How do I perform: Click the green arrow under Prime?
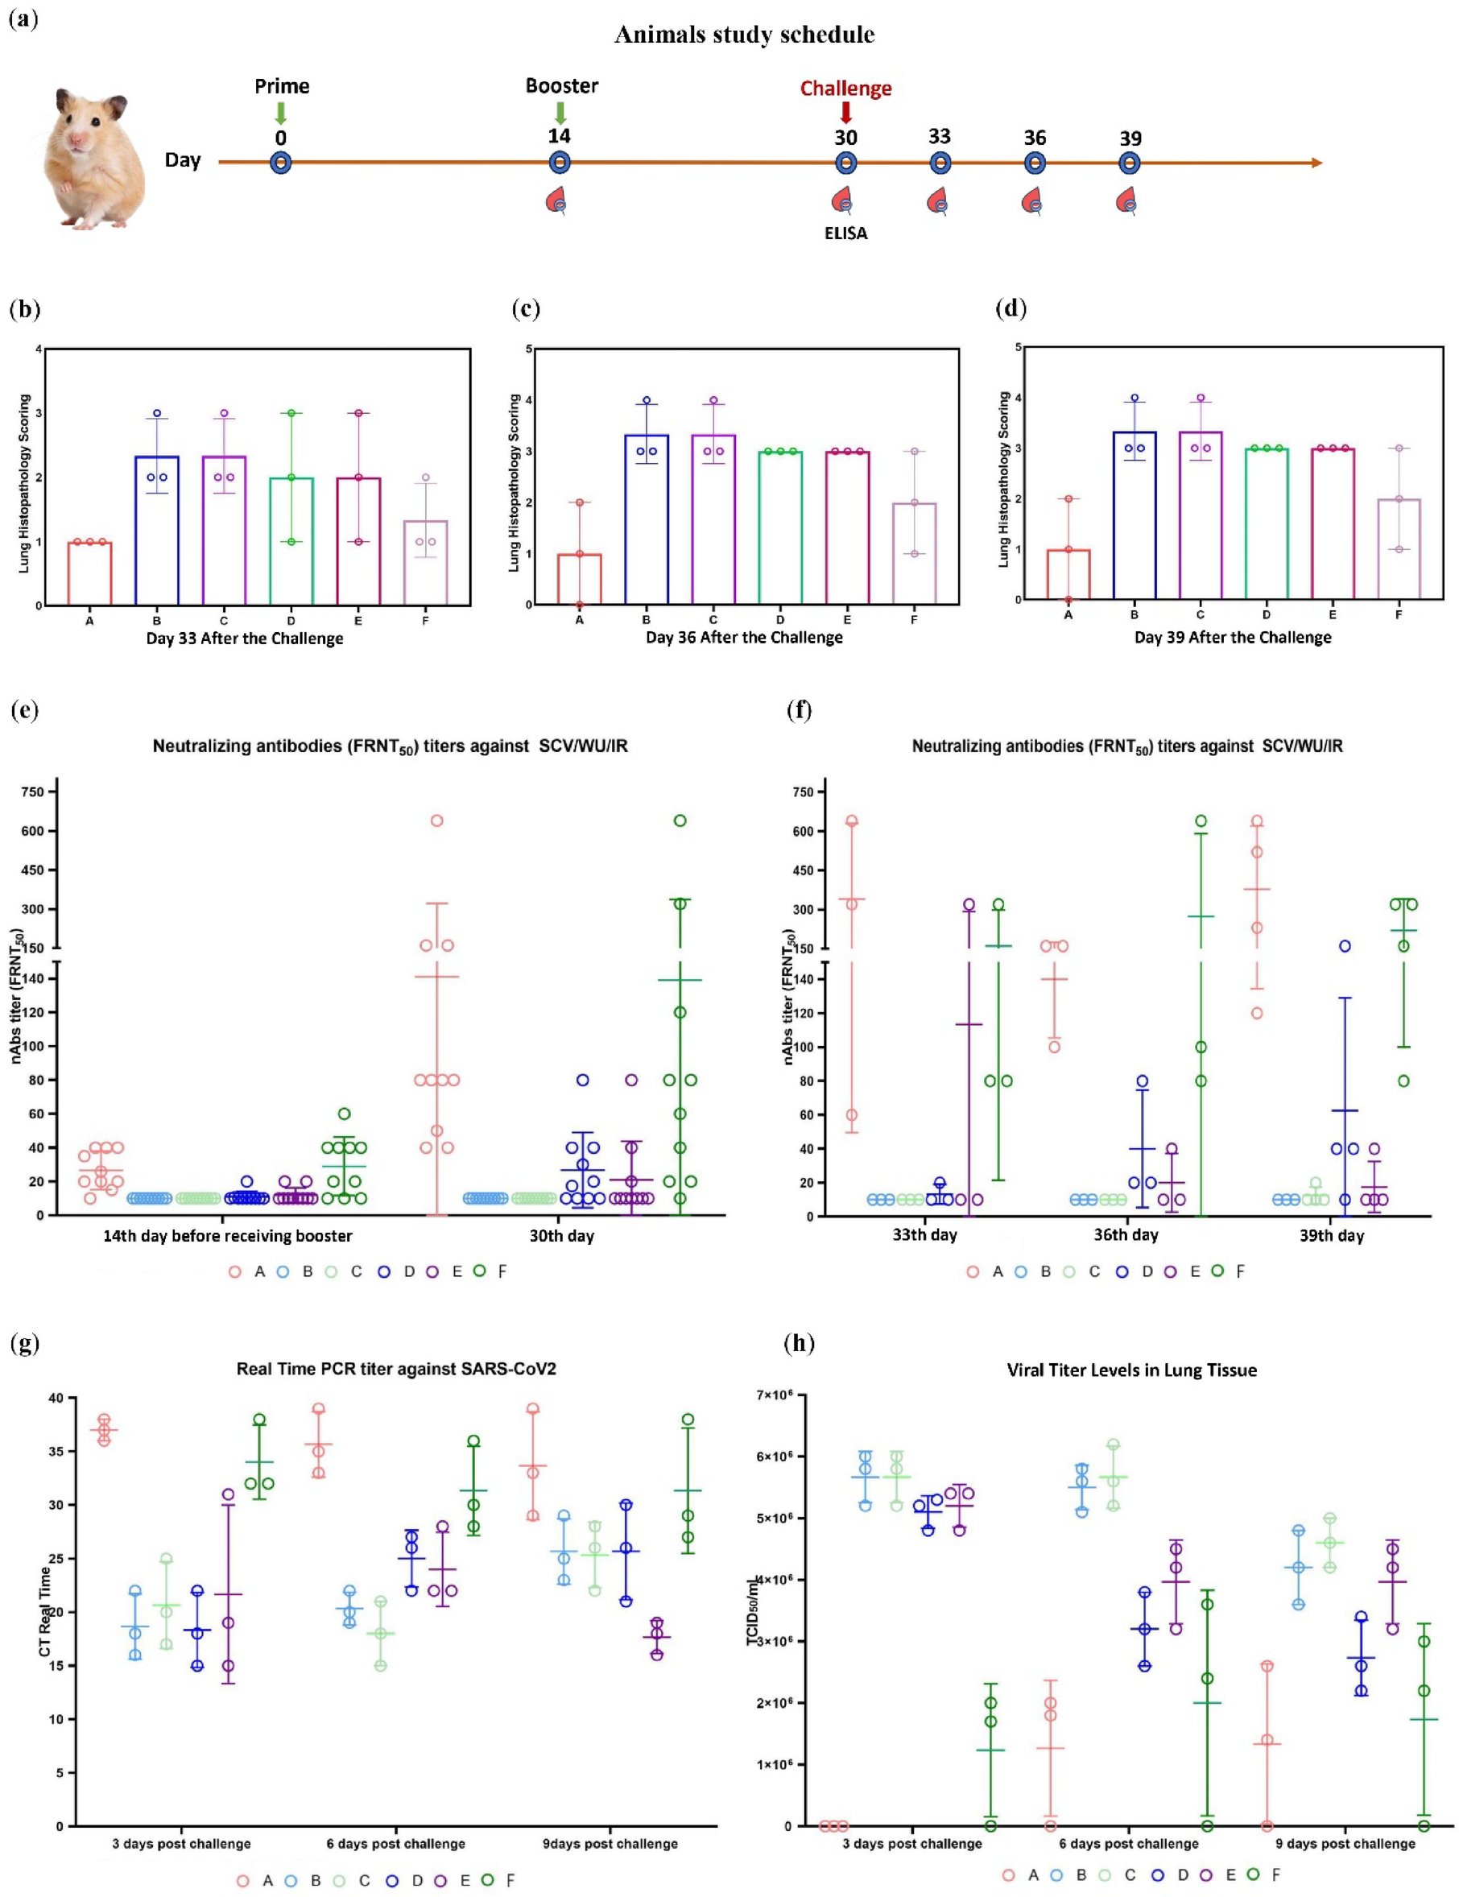(x=280, y=113)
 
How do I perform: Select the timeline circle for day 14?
(x=560, y=163)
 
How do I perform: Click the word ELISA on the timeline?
(x=846, y=234)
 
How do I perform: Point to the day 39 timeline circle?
(x=1129, y=163)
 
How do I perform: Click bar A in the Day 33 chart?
(x=89, y=573)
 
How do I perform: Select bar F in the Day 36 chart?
(x=914, y=553)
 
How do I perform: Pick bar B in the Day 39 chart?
(x=1135, y=515)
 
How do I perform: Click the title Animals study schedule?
(x=744, y=35)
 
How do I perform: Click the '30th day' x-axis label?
(x=562, y=1235)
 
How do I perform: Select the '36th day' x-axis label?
(x=1126, y=1235)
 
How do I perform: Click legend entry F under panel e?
(x=490, y=1271)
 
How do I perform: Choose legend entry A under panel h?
(x=1020, y=1874)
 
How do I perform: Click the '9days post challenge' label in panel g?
(x=610, y=1843)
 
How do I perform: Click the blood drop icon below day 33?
(x=938, y=202)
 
